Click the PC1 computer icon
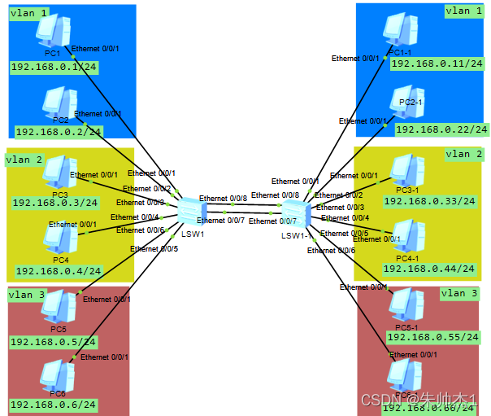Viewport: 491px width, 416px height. (x=53, y=31)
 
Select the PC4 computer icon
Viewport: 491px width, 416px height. (x=59, y=238)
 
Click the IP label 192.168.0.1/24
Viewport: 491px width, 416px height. (x=54, y=66)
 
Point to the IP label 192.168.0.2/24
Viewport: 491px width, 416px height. (x=59, y=131)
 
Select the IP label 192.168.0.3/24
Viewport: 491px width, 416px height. (x=55, y=202)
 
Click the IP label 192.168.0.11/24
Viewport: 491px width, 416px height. (x=431, y=63)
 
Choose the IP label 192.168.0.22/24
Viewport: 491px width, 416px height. (x=441, y=129)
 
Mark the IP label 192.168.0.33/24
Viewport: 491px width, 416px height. (x=435, y=200)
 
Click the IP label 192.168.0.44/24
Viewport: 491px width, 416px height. (x=428, y=268)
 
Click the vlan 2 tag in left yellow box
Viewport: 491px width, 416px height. (x=24, y=160)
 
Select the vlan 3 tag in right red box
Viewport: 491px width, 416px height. (x=459, y=293)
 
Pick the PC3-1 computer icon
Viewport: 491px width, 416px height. (x=406, y=171)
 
